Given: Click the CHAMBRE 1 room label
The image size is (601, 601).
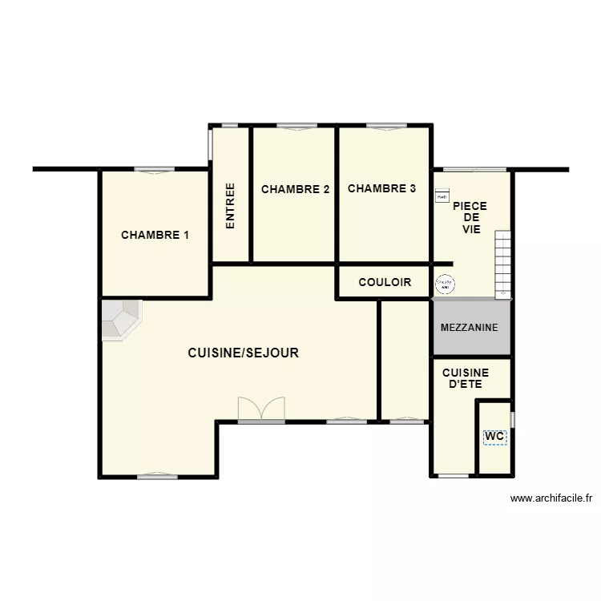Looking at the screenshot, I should pyautogui.click(x=155, y=235).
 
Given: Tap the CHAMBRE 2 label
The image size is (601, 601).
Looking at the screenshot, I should pyautogui.click(x=295, y=189).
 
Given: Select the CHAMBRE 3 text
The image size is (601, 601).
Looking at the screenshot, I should pyautogui.click(x=381, y=189).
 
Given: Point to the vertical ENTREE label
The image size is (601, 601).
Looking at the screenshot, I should pyautogui.click(x=231, y=207).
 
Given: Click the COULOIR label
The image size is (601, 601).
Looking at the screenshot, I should pyautogui.click(x=385, y=282).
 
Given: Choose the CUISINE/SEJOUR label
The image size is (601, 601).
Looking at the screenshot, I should pyautogui.click(x=244, y=353).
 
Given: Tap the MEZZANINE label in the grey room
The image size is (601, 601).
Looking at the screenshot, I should pyautogui.click(x=470, y=328).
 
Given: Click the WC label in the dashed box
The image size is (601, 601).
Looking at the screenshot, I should pyautogui.click(x=494, y=437).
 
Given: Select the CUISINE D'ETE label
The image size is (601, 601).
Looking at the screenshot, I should pyautogui.click(x=466, y=379).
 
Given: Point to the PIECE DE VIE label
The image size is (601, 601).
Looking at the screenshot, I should pyautogui.click(x=470, y=217).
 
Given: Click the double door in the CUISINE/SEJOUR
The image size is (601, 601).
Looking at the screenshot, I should pyautogui.click(x=261, y=408).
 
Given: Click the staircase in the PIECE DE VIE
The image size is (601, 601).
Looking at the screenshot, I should pyautogui.click(x=502, y=263).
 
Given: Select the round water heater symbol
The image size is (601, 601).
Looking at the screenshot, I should pyautogui.click(x=443, y=283).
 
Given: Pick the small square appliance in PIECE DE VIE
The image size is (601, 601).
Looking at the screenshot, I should pyautogui.click(x=442, y=196).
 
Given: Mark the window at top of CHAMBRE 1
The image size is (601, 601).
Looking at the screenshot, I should pyautogui.click(x=154, y=169).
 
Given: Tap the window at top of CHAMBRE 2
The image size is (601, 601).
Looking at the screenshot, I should pyautogui.click(x=296, y=126).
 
